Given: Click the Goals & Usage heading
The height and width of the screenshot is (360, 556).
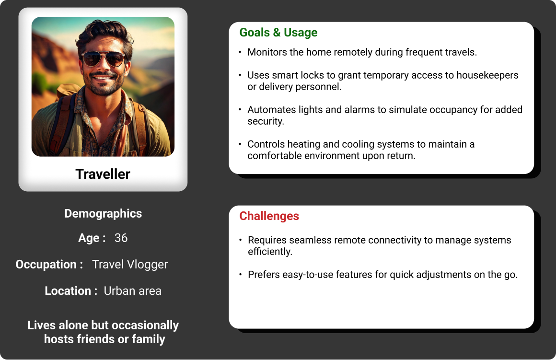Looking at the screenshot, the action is (278, 33).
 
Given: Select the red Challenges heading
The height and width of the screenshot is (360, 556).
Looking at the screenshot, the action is (269, 216).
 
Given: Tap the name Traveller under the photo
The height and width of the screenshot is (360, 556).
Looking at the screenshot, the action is (103, 174).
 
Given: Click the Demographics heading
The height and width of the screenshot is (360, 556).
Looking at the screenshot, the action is (103, 213).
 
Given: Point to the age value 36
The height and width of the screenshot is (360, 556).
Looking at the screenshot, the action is (121, 238).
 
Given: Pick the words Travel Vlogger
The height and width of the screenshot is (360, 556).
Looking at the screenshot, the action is (130, 265).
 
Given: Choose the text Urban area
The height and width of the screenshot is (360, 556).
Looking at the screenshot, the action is (133, 291).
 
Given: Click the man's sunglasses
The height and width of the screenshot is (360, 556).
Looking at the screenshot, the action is (103, 59).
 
